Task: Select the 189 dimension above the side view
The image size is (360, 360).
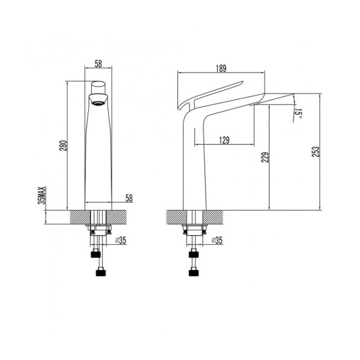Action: [x=222, y=68]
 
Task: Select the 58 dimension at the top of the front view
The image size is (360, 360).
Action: [x=99, y=62]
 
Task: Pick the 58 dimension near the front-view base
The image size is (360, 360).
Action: [x=128, y=197]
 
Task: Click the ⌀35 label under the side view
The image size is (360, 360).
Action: [x=217, y=241]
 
